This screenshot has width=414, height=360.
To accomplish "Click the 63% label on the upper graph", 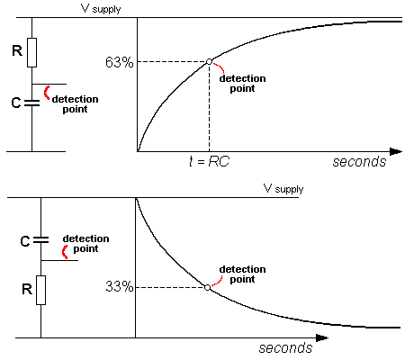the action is point(119,62).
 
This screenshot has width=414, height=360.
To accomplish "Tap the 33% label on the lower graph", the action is point(119,286).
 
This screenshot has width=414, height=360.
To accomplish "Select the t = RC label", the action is point(209,161).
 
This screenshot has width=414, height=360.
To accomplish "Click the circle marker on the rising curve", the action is point(209,62).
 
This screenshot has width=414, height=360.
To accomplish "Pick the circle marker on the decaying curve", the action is point(208,287).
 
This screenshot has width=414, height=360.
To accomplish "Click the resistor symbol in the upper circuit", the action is point(31,52).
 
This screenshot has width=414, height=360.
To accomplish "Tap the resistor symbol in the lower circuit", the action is point(40,290).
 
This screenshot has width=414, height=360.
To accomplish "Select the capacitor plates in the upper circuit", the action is point(31,103).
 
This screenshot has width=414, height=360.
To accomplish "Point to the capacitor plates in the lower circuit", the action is point(40,239).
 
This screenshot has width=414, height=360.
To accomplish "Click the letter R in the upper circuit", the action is point(17,50).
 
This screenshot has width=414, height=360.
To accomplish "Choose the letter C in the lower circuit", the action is point(25,241).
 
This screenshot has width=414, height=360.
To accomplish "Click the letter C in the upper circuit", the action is point(16,103).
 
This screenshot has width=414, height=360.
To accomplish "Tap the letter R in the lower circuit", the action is point(27,289).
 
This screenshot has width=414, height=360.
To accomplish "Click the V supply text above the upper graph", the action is point(101,9).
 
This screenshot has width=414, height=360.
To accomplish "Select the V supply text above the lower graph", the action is point(283,189).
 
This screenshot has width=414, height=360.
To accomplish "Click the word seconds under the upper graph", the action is point(359,161).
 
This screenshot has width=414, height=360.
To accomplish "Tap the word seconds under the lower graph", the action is point(285,347).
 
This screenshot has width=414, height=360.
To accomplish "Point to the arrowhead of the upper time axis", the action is point(396,151).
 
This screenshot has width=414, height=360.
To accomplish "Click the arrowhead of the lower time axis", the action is point(322,338).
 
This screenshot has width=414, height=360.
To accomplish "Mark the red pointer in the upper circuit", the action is point(46,93).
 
